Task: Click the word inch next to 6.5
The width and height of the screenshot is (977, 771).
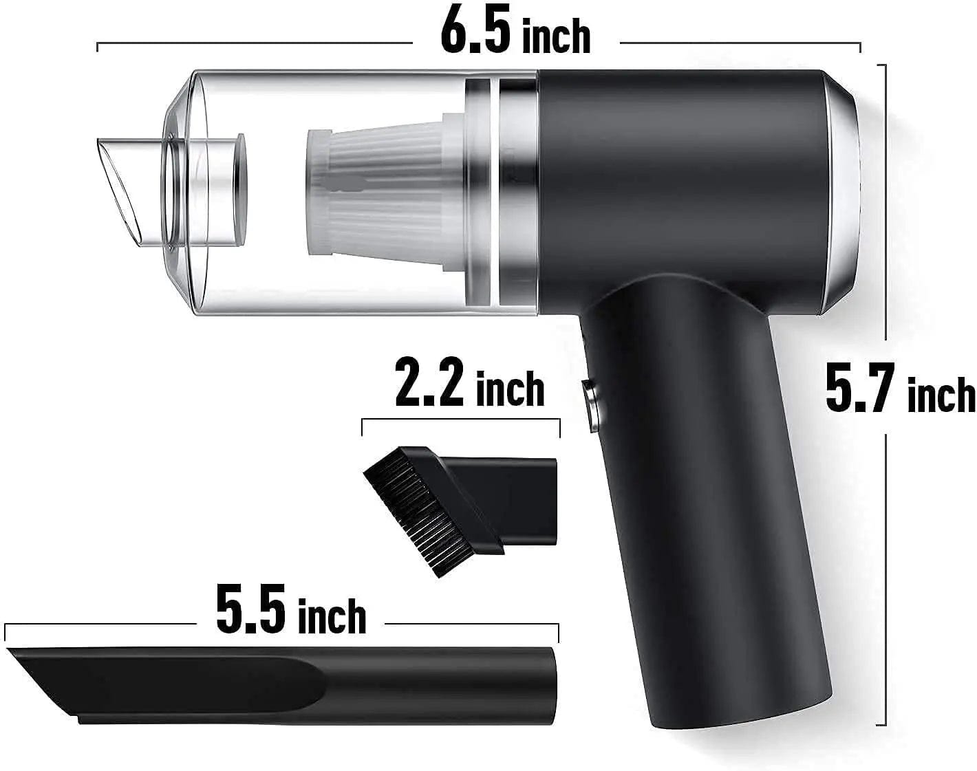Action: tap(556, 37)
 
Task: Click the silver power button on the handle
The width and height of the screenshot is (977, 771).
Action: tap(590, 406)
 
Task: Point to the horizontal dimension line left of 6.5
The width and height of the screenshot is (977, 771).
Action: tap(255, 45)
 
